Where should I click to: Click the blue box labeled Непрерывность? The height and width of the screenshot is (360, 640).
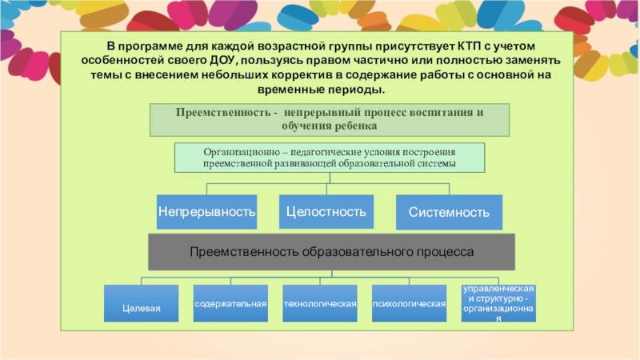pyautogui.click(x=206, y=212)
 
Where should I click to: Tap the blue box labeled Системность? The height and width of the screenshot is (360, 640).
pyautogui.click(x=449, y=212)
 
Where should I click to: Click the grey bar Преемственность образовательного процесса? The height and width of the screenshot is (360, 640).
pyautogui.click(x=332, y=251)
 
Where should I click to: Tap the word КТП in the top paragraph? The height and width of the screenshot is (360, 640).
pyautogui.click(x=474, y=47)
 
